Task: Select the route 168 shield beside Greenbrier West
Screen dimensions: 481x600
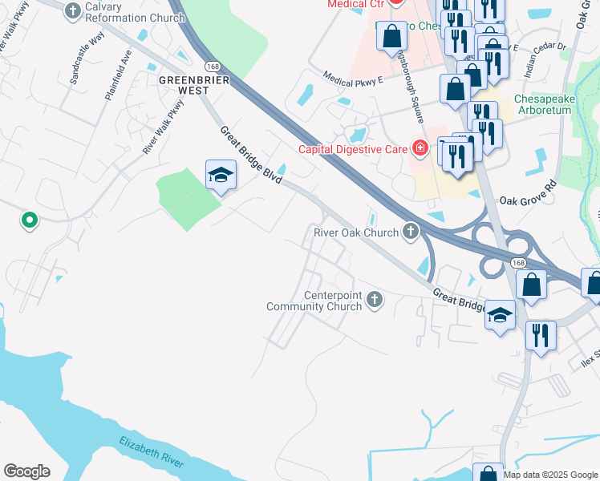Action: point(212,66)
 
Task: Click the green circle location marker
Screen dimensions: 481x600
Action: point(29,219)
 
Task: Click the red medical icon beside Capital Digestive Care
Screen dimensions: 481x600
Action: point(419,148)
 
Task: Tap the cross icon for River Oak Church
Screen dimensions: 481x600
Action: point(411,232)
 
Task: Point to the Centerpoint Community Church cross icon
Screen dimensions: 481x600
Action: point(374,300)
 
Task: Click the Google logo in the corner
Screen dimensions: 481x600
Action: point(26,471)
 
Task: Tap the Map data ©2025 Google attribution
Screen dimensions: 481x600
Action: point(550,475)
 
